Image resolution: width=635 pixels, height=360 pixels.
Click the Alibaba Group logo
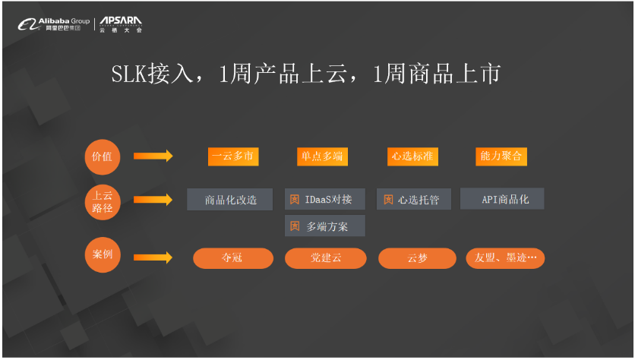tap(53, 24)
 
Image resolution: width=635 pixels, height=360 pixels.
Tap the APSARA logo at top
tap(121, 24)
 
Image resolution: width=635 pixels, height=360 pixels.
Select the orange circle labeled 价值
tap(102, 156)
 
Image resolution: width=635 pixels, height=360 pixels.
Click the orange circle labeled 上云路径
tap(102, 200)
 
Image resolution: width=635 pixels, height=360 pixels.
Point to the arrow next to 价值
tap(153, 156)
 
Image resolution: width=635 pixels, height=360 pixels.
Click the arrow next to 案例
tap(153, 257)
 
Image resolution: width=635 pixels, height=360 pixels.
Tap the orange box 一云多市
tap(233, 156)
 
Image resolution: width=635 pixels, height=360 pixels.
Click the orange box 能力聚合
tap(501, 156)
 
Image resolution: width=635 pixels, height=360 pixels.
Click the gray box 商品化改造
tap(230, 200)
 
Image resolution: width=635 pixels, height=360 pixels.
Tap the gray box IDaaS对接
tap(325, 200)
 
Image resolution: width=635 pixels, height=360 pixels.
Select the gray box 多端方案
tap(325, 226)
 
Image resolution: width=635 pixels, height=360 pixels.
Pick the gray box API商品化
tap(503, 199)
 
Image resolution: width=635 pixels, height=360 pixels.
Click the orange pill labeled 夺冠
tap(233, 258)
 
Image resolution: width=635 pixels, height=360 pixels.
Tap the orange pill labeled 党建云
tap(325, 258)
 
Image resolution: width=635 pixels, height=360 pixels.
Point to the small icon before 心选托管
tap(388, 200)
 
